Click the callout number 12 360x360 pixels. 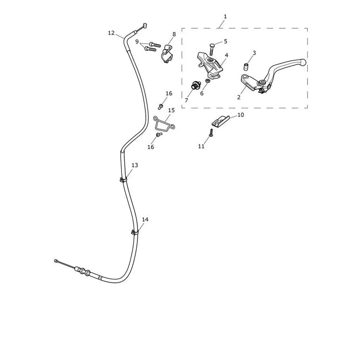111,33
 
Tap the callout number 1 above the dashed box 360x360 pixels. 225,17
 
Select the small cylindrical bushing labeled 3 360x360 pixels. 246,67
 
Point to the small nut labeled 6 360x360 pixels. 207,81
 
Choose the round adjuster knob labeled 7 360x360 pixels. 195,86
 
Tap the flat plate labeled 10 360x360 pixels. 220,121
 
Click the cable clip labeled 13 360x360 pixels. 123,180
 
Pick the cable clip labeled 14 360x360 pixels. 135,232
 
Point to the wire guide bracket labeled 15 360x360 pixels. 163,124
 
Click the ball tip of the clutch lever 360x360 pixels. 303,62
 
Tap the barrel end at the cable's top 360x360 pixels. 144,26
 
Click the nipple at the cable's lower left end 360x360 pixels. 55,261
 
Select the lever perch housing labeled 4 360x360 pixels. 210,65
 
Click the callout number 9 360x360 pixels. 137,42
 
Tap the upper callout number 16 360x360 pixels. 169,94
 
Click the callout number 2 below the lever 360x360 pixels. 239,97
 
